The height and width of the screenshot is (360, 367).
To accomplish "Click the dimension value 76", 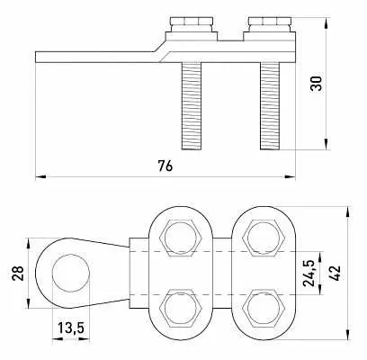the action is tap(166, 166).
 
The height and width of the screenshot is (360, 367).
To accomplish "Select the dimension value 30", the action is tap(317, 84).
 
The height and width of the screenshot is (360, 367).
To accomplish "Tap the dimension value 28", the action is tap(18, 273).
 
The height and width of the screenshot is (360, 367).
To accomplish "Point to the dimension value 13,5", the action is tap(71, 328).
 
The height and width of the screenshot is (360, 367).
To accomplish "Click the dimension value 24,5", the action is tap(309, 274).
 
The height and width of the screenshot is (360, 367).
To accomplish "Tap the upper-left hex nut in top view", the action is tap(181, 238).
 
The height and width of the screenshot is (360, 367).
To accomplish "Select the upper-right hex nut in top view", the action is tap(264, 238).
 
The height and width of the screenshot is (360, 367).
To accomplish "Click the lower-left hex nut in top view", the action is tap(181, 308).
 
